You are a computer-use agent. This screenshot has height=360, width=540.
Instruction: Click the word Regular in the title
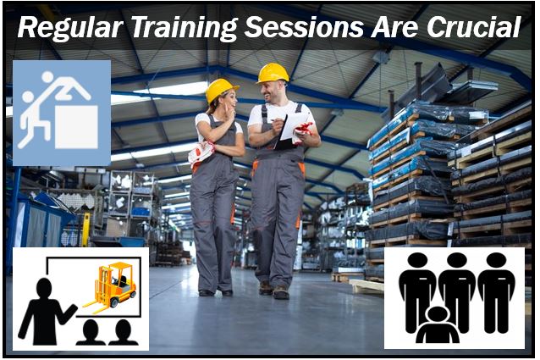click(x=70, y=28)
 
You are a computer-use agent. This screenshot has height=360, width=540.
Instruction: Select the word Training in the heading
click(x=185, y=28)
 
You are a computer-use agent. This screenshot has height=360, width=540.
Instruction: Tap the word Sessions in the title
click(x=304, y=27)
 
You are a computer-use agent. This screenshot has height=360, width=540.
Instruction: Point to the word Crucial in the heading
click(x=474, y=27)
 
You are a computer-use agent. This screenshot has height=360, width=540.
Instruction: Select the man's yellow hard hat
click(x=273, y=73)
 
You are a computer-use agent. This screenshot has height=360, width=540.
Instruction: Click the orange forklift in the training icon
click(x=111, y=285)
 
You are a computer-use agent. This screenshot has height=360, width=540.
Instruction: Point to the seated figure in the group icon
click(x=438, y=325)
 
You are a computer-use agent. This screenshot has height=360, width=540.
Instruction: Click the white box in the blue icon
click(x=76, y=126)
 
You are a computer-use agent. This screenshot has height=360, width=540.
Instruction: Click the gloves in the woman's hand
click(x=201, y=153)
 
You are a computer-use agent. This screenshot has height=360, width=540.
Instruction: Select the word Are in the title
click(x=395, y=28)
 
